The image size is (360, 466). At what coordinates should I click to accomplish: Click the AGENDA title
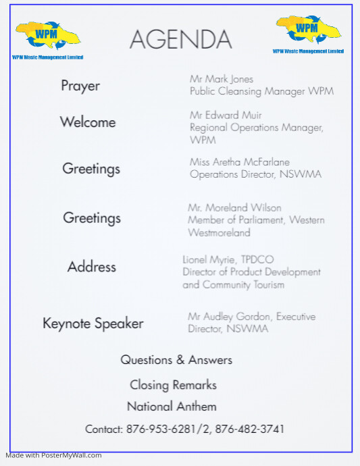(x=180, y=40)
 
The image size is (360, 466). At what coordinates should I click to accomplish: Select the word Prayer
(x=80, y=86)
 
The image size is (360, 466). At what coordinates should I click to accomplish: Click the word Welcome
(x=88, y=122)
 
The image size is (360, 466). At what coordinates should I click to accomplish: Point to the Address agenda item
(x=92, y=267)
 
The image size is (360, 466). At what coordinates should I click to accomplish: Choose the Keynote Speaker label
(x=93, y=323)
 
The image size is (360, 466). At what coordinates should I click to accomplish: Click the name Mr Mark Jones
(x=222, y=79)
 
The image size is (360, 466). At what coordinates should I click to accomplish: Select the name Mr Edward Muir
(x=226, y=115)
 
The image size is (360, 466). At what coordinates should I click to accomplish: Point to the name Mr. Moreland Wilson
(x=234, y=207)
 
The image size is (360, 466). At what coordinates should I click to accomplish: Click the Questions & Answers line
(x=176, y=360)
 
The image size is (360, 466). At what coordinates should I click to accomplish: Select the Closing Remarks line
(x=173, y=385)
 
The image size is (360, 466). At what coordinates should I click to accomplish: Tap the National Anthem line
(x=172, y=407)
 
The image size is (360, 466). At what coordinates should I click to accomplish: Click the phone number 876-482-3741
(x=250, y=429)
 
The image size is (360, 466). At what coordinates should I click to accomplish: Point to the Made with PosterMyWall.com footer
(x=54, y=455)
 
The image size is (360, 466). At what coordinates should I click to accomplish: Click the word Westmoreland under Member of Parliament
(x=219, y=233)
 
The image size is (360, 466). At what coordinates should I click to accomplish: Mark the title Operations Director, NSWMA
(x=255, y=174)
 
